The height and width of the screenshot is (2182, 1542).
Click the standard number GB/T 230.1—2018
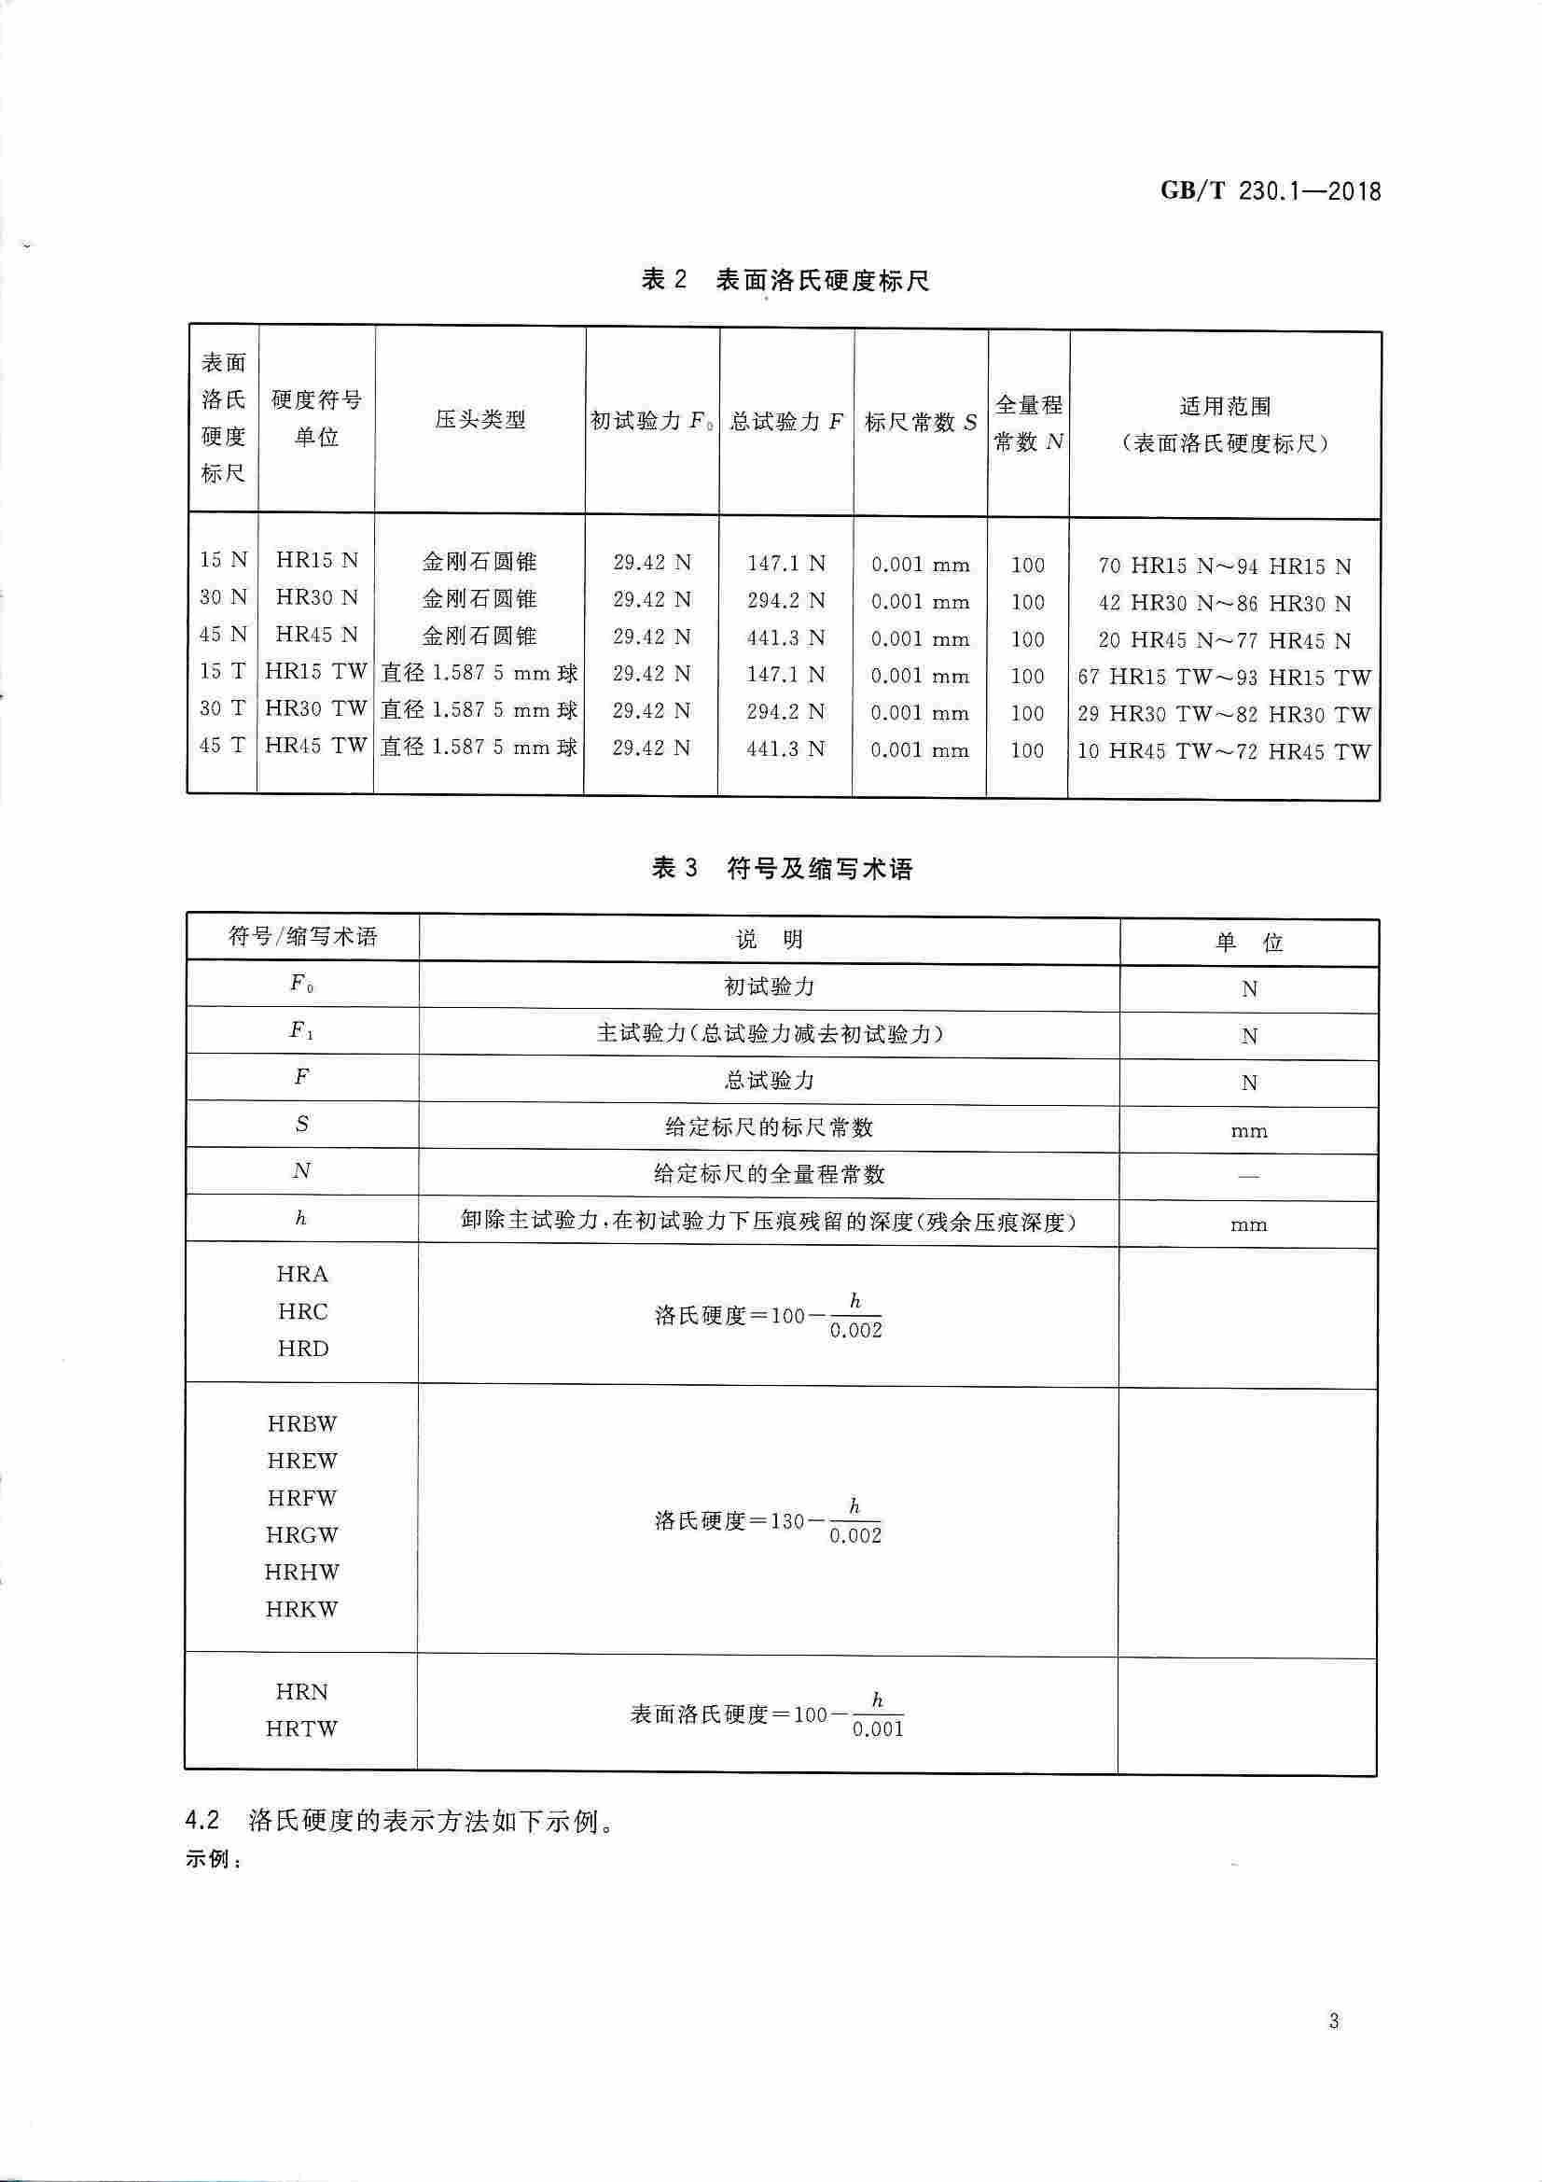tap(1271, 191)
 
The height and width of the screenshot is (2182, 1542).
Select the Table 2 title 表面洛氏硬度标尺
tap(822, 280)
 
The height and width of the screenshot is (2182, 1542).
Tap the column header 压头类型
tap(479, 419)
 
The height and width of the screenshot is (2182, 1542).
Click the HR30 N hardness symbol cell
tap(316, 598)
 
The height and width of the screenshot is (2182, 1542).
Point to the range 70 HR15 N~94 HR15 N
tap(1224, 566)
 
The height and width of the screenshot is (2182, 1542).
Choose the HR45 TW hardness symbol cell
tap(315, 747)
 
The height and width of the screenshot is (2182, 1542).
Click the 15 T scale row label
tap(223, 672)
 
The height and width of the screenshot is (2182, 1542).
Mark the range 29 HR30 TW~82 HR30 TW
tap(1224, 715)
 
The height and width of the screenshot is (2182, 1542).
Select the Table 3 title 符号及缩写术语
tap(819, 869)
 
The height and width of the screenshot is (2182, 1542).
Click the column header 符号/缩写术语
tap(302, 938)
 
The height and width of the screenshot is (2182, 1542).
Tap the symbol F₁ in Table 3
tap(302, 1031)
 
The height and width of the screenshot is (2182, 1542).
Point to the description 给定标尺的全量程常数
tap(769, 1175)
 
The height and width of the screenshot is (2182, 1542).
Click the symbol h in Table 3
tap(301, 1219)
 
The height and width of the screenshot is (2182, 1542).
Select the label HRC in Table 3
tap(302, 1312)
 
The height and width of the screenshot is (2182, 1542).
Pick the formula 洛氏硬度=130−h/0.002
tap(769, 1520)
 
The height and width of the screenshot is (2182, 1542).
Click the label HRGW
tap(302, 1535)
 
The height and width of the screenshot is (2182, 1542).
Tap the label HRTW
tap(302, 1728)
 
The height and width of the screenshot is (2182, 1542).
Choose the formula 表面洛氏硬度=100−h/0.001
tap(768, 1715)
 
